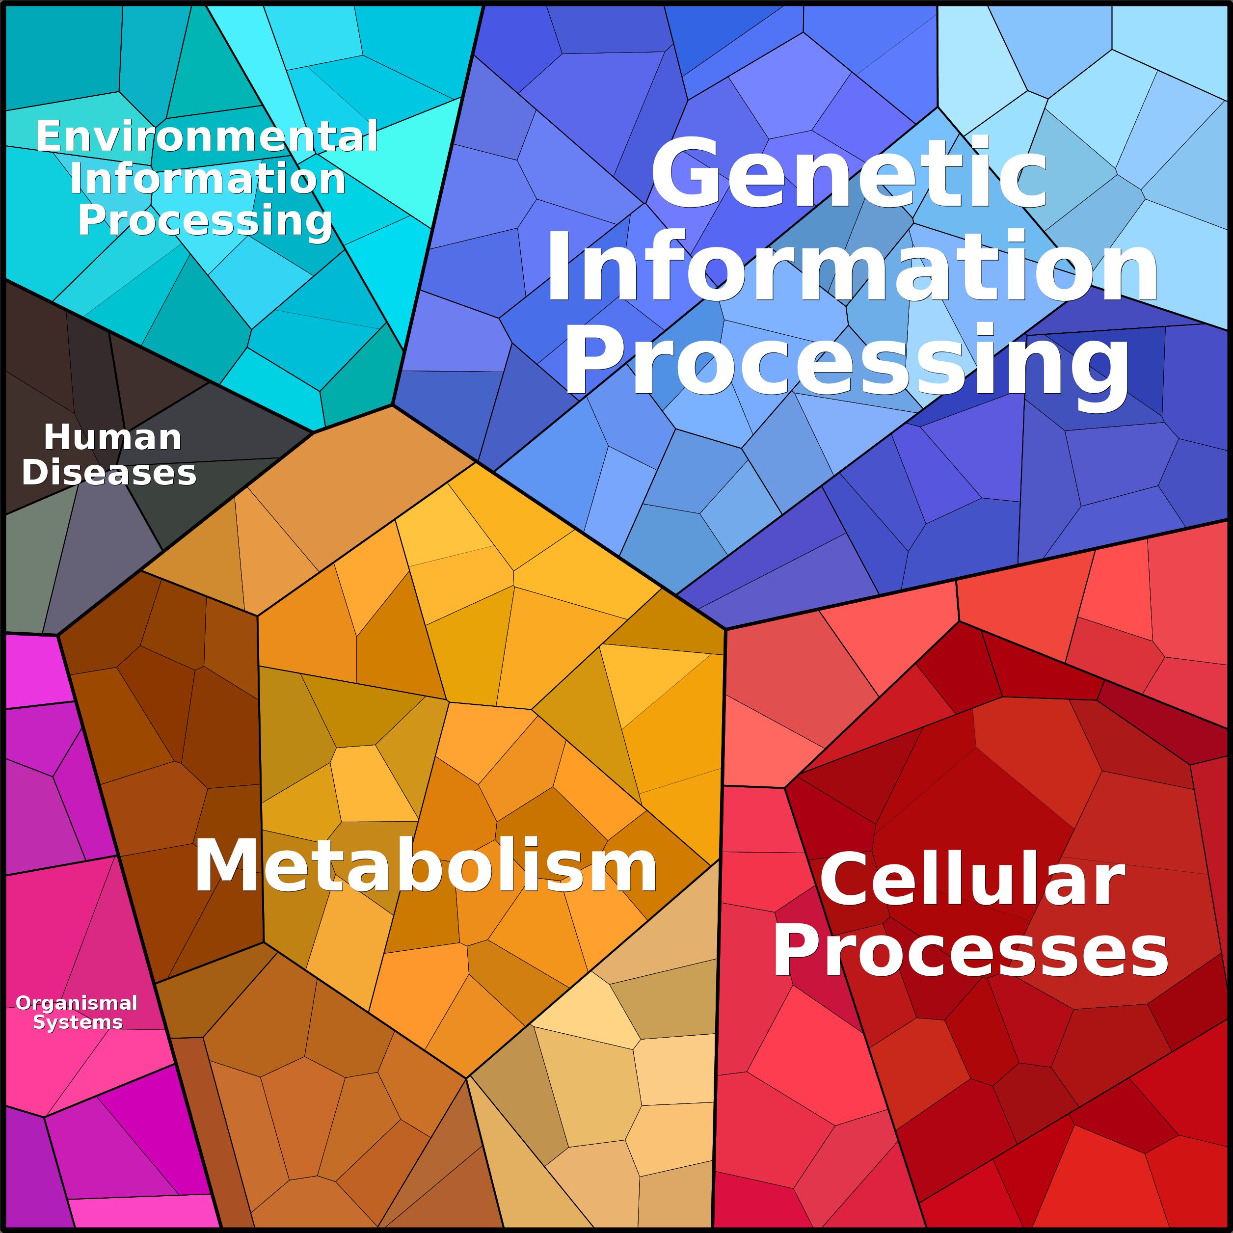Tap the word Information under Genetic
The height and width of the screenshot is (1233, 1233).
853,267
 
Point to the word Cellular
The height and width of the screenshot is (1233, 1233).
972,880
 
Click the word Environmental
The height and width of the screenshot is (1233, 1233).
207,136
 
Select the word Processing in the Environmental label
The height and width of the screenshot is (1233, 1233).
205,221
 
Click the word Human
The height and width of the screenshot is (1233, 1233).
112,437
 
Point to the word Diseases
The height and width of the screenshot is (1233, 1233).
109,473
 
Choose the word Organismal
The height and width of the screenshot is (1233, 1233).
77,1003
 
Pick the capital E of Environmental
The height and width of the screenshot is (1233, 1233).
50,136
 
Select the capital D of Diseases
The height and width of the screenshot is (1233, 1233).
36,473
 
